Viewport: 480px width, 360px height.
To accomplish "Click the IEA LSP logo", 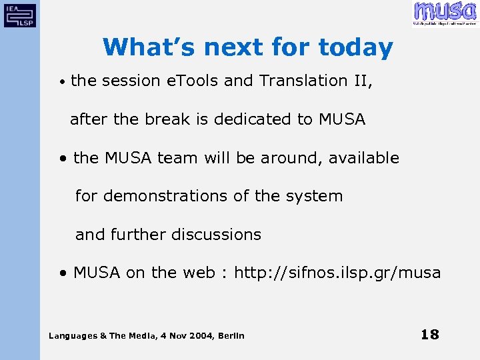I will click(20, 14).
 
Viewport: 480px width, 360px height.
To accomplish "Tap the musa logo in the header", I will click(445, 13).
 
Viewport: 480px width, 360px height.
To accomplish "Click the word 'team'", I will click(176, 158).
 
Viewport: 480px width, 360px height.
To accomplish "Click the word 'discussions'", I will click(216, 235).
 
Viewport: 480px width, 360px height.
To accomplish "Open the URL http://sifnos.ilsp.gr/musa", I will click(337, 273).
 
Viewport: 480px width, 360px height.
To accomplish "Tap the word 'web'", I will click(198, 273).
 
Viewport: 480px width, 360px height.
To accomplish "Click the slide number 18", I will click(430, 334).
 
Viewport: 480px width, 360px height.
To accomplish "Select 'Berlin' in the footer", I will click(231, 335).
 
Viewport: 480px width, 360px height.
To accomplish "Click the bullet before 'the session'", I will click(61, 82).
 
